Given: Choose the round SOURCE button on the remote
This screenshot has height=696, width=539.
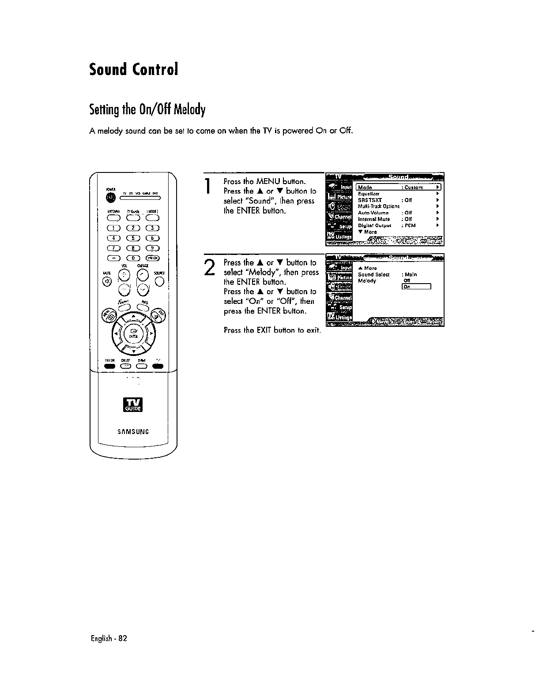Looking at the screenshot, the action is point(159,281).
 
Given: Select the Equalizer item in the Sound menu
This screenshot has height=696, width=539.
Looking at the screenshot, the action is point(369,194).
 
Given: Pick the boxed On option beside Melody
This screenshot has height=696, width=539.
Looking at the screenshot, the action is point(415,287).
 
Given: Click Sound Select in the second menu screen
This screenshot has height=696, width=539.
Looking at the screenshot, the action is point(373,274).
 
